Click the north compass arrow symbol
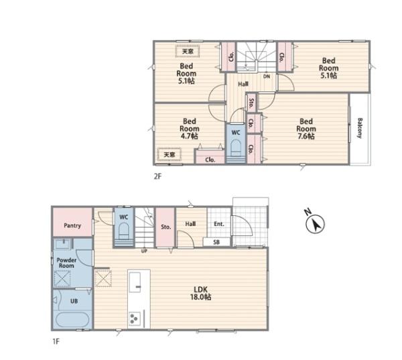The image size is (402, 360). pos(315,223)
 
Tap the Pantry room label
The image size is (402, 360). pos(72,225)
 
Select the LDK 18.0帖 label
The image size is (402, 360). pos(200,293)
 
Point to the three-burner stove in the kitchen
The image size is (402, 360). pos(135,318)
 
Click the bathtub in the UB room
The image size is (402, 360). pos(72,320)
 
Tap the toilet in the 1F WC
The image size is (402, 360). pos(123,232)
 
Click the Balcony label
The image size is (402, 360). pos(360,128)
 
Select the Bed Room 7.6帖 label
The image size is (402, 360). pos(306,129)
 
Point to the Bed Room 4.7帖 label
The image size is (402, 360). pos(190,129)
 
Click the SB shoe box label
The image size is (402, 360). pos(216,242)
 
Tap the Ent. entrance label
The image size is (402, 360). pos(219,224)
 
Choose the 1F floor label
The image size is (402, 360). pos(56,341)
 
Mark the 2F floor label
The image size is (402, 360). pos(157,176)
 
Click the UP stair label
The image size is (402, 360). pos(144,251)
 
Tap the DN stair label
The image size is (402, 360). pos(267,76)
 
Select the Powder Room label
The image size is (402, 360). pos(66,263)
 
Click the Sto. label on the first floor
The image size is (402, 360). pos(166,227)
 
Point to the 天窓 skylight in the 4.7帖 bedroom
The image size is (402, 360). pos(170,155)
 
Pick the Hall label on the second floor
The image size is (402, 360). pos(243,84)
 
